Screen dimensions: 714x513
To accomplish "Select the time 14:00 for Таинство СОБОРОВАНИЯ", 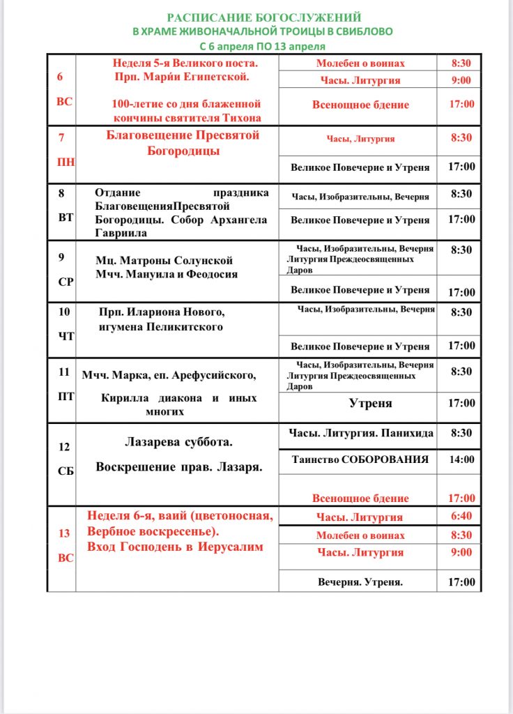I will point(461,459).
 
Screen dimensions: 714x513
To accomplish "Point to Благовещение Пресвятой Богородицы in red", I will point(183,142).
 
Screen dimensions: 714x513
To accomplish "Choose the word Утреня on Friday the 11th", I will point(370,403).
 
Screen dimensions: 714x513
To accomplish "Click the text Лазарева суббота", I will point(178,441).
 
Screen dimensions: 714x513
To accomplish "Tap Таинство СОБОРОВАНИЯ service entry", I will point(359,459).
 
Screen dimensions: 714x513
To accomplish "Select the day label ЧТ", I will point(66,335).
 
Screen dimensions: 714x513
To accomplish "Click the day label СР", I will point(65,283).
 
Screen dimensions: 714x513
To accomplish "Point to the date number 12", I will point(64,447).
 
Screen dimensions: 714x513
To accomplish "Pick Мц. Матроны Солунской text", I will point(164,260).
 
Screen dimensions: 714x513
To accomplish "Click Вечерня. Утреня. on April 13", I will point(360,582).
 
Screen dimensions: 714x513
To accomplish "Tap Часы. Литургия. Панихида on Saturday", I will point(361,433).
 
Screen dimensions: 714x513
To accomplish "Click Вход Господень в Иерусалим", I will point(175,547).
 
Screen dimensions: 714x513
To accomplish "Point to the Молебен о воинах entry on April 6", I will point(360,63).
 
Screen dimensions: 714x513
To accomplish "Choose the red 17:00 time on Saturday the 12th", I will point(461,499).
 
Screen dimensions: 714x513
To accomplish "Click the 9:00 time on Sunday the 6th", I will point(461,80).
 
